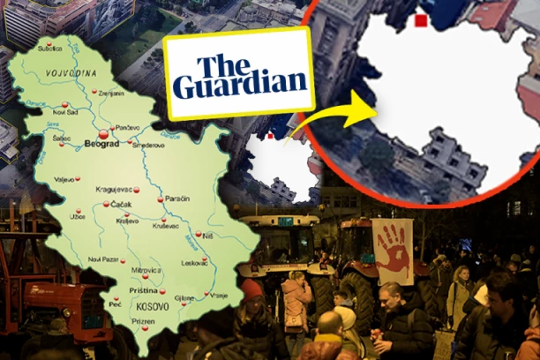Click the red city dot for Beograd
(x=104, y=135)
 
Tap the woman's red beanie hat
(x=254, y=289)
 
